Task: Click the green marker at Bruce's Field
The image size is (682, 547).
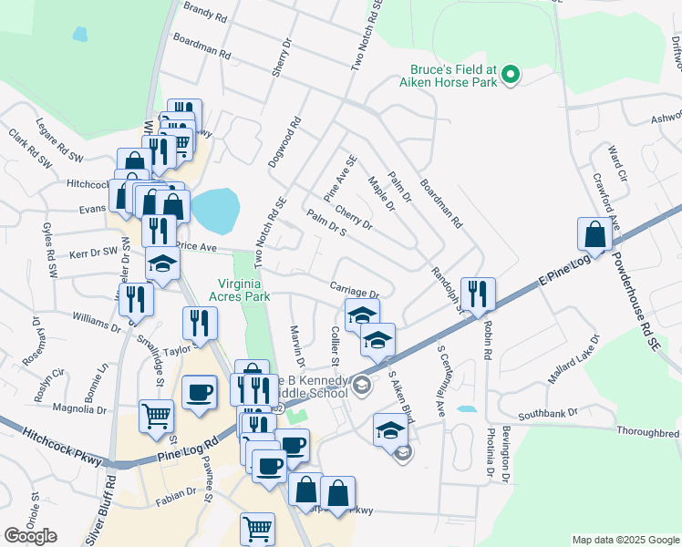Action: (511, 75)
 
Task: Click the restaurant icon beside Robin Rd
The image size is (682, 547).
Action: (477, 294)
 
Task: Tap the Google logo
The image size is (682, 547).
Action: (30, 536)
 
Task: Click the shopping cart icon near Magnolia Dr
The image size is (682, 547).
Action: (156, 416)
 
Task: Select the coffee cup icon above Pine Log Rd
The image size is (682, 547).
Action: (199, 393)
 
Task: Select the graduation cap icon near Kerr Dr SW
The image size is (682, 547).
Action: (162, 263)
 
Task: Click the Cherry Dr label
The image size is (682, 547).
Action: (354, 218)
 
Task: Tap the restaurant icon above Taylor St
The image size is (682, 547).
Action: (199, 322)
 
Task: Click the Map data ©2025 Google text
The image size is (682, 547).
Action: (625, 540)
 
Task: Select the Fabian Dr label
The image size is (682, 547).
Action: (177, 492)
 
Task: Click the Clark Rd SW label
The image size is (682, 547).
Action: (29, 150)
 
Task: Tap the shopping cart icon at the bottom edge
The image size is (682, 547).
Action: (257, 528)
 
